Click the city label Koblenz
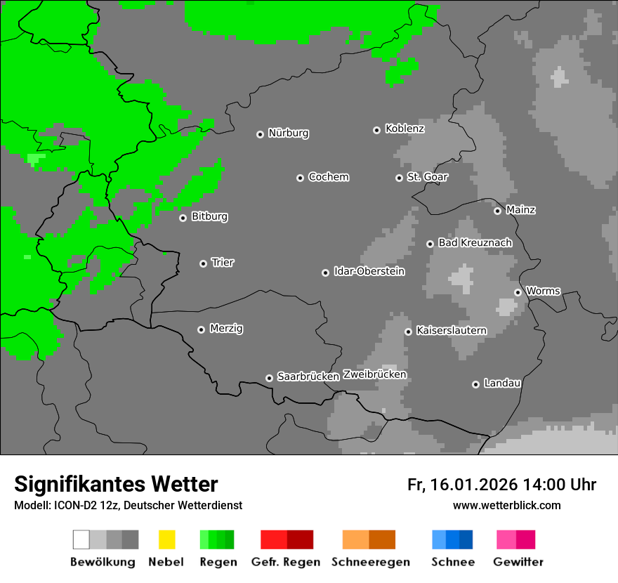pyautogui.click(x=405, y=129)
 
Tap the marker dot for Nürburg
pyautogui.click(x=260, y=134)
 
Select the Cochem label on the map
pyautogui.click(x=328, y=177)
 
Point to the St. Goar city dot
pyautogui.click(x=399, y=178)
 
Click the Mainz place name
pyautogui.click(x=520, y=210)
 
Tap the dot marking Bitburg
pyautogui.click(x=183, y=218)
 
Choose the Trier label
pyautogui.click(x=223, y=263)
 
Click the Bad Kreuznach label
pyautogui.click(x=475, y=243)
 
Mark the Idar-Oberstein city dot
pyautogui.click(x=325, y=273)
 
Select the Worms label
pyautogui.click(x=543, y=291)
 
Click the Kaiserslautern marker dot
pyautogui.click(x=408, y=332)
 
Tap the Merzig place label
pyautogui.click(x=226, y=329)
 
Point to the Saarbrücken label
pyautogui.click(x=308, y=377)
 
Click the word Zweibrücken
pyautogui.click(x=374, y=375)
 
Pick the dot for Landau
pyautogui.click(x=475, y=384)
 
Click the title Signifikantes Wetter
pyautogui.click(x=116, y=484)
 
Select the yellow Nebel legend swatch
pyautogui.click(x=166, y=539)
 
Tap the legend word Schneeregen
pyautogui.click(x=371, y=562)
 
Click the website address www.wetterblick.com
pyautogui.click(x=506, y=506)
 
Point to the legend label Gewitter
pyautogui.click(x=518, y=562)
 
